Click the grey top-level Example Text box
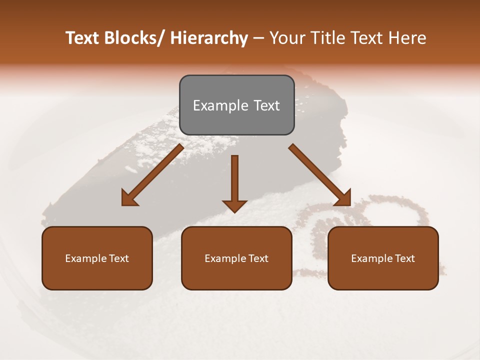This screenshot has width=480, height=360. click(236, 105)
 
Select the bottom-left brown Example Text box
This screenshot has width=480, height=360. click(97, 258)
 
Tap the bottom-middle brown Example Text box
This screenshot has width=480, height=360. click(236, 258)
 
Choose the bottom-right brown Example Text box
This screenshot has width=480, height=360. click(383, 258)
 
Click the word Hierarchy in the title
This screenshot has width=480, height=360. click(209, 38)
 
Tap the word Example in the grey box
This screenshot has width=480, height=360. click(215, 105)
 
